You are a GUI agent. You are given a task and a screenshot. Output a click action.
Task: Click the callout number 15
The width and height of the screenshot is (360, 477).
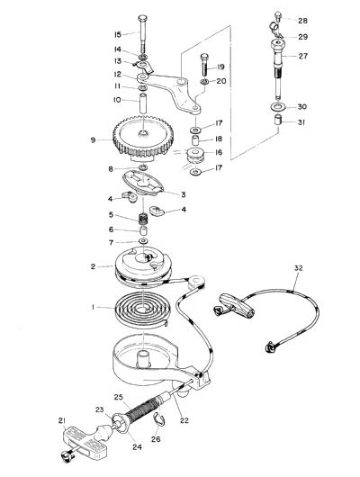118,34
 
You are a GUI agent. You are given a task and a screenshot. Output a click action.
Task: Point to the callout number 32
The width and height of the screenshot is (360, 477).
299,268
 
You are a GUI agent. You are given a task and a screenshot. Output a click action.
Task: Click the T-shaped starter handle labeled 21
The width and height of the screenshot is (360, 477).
85,443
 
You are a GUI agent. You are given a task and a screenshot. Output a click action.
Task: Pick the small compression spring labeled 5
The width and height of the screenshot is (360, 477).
143,219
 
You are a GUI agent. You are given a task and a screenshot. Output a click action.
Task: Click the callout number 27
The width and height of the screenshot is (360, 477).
302,56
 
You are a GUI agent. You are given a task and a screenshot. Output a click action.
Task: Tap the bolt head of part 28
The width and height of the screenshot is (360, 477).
277,14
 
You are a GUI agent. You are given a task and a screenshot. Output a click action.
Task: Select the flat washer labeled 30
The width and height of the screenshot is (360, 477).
277,107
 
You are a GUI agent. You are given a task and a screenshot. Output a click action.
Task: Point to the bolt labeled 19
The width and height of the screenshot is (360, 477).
204,65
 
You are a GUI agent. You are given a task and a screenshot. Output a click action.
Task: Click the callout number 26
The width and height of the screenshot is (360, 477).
156,439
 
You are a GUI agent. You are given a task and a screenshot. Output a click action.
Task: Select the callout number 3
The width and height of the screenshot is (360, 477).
184,194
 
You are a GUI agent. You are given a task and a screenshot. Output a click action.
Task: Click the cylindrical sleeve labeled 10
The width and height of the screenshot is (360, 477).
143,103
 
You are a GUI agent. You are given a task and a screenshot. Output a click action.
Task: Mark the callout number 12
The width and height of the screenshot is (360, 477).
118,75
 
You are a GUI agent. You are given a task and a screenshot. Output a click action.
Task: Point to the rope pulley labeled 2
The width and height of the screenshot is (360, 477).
143,267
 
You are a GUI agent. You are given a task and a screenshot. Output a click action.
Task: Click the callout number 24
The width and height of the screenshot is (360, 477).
137,446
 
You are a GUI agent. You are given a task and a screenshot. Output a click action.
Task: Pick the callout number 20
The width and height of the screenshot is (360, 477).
221,81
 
